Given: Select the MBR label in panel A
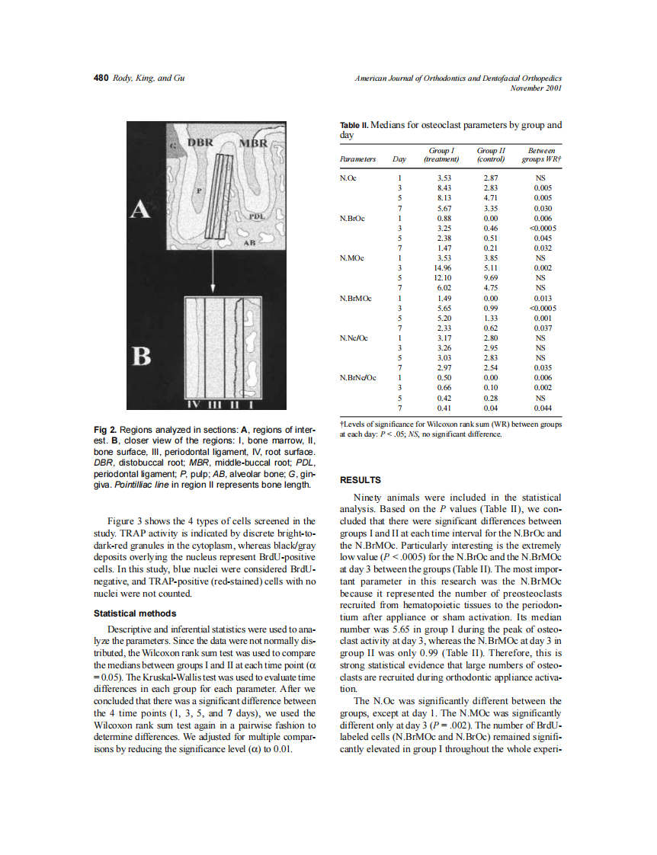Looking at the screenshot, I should click(x=253, y=144).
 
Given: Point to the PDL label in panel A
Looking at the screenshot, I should click(x=257, y=216).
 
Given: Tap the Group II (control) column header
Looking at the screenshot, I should click(x=491, y=155).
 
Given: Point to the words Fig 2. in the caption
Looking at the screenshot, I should click(x=104, y=430).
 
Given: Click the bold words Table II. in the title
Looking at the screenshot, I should click(x=353, y=124).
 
